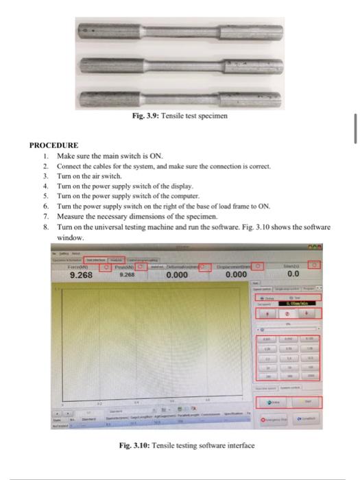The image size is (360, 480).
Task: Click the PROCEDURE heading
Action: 52,145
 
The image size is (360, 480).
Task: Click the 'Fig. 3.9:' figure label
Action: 145,116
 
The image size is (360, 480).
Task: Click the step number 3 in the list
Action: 45,176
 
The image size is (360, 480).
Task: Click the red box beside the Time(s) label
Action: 314,265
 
